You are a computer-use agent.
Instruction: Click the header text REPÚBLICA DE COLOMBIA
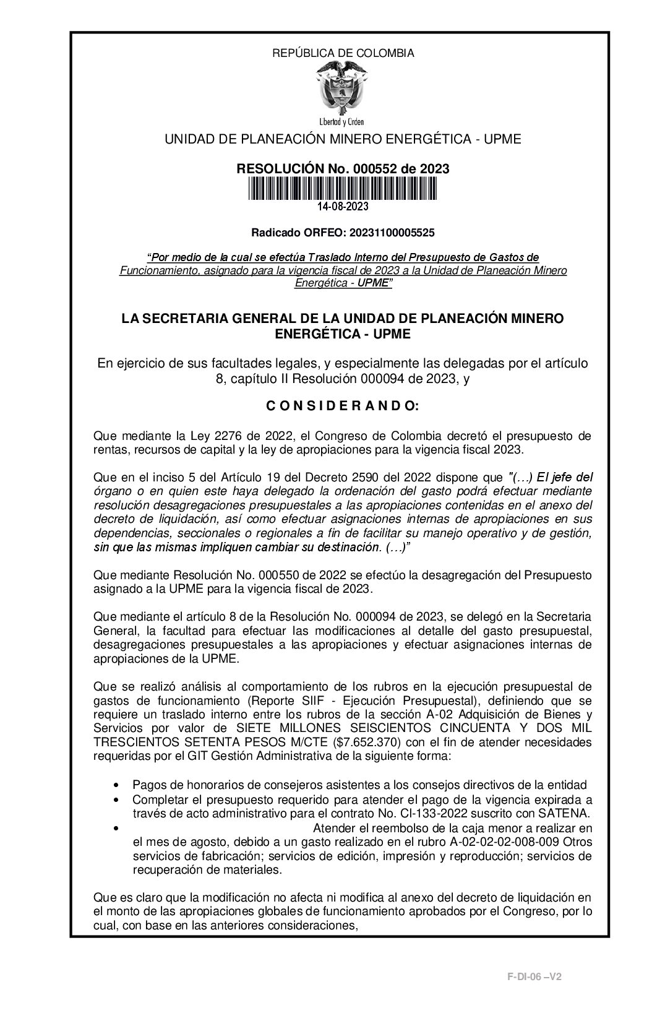343,53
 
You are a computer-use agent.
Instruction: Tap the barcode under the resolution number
343,188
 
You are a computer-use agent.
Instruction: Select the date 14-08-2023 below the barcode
343,206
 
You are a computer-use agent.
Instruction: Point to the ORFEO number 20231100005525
392,233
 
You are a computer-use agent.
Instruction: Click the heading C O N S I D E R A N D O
342,407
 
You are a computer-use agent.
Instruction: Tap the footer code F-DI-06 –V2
534,976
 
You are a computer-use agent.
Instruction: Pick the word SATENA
569,812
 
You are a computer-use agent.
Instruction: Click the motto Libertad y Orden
341,122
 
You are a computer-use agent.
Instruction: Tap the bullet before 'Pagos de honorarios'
117,785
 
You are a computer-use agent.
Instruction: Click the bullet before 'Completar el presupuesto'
117,799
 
